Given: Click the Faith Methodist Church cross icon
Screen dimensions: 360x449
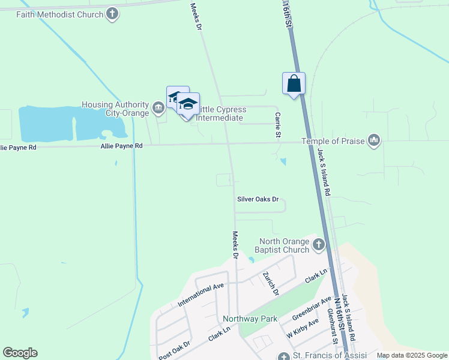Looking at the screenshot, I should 112,14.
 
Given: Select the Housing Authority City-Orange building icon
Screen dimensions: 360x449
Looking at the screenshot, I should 158,109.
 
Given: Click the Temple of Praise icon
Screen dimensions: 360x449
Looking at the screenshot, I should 375,140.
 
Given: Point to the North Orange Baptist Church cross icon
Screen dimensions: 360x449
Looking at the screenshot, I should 318,245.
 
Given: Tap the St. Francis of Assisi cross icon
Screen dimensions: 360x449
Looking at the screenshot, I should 284,356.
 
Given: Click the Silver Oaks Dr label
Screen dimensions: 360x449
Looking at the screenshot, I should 258,199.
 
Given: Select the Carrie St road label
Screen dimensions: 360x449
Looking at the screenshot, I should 278,124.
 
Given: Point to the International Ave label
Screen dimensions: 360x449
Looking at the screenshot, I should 200,295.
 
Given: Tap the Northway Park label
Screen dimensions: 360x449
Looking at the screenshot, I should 250,319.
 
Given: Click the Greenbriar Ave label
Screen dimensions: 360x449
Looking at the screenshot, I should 312,308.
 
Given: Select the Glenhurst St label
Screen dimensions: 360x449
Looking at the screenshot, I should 331,328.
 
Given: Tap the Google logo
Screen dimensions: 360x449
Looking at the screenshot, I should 20,353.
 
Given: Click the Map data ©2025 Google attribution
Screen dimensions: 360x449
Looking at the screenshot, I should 412,355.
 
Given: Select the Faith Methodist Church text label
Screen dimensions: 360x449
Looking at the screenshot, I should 61,14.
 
